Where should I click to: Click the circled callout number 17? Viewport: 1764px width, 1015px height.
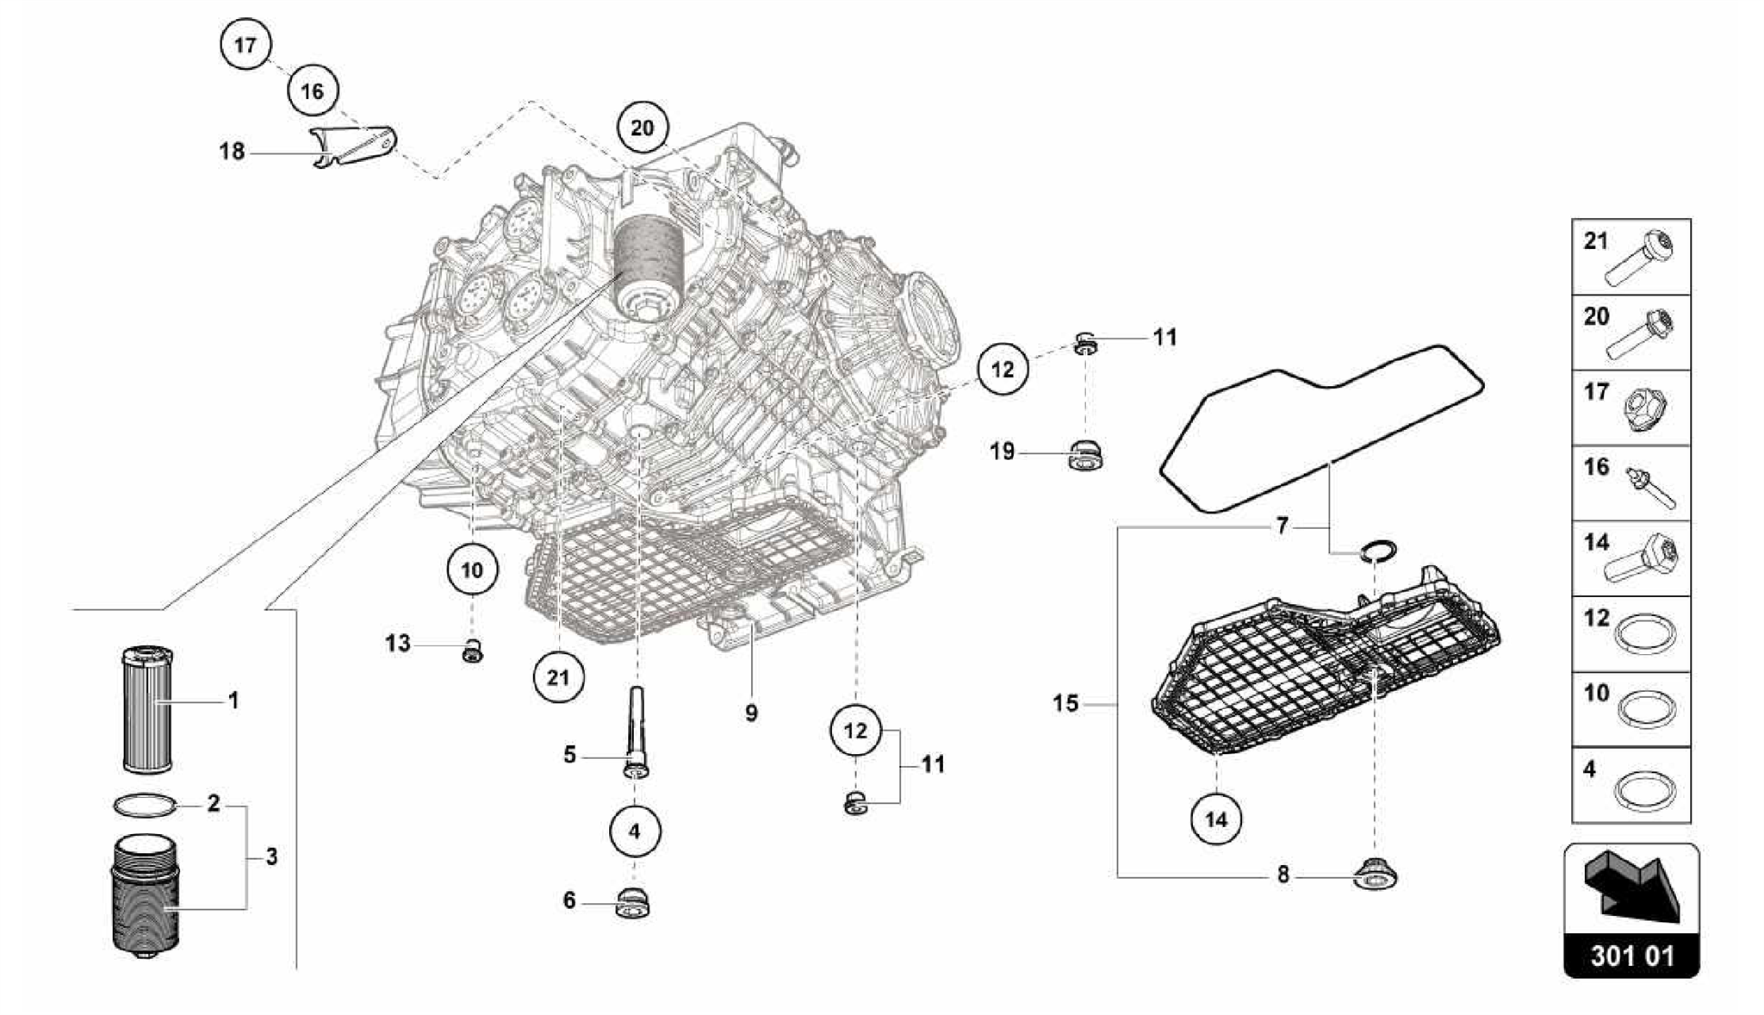(245, 44)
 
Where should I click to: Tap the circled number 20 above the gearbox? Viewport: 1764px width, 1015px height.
(643, 128)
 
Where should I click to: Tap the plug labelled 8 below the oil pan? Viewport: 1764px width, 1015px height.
(1376, 875)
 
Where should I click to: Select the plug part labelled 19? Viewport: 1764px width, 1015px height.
(1086, 455)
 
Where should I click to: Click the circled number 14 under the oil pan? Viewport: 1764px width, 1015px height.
(1216, 819)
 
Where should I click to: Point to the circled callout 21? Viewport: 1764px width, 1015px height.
(558, 677)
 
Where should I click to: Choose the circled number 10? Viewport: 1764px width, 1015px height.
(472, 570)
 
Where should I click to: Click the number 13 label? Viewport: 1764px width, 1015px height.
(398, 644)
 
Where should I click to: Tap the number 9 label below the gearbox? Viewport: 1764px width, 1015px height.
(751, 713)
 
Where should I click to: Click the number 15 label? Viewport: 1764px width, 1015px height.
(1065, 704)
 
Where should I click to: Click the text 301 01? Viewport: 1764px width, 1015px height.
(1631, 956)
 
